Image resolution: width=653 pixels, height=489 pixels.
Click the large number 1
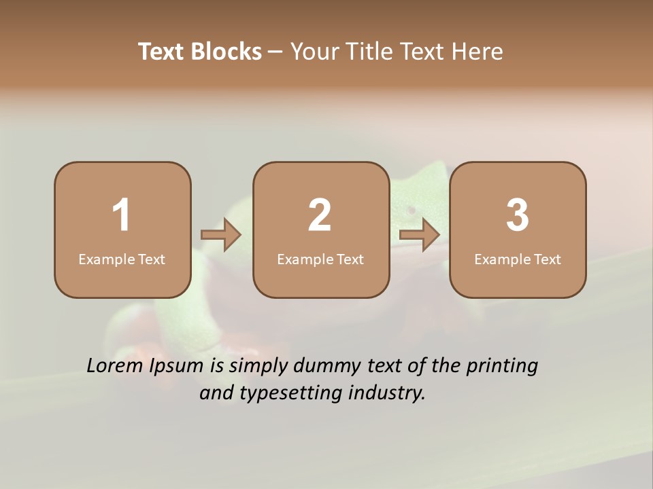pyautogui.click(x=122, y=215)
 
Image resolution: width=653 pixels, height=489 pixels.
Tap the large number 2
pyautogui.click(x=320, y=215)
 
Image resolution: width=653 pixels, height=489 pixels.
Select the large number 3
pyautogui.click(x=518, y=215)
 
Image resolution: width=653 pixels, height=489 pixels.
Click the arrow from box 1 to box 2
pyautogui.click(x=221, y=236)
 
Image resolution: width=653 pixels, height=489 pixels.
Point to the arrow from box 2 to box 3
pyautogui.click(x=419, y=236)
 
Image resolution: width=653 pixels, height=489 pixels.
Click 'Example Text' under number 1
pyautogui.click(x=122, y=259)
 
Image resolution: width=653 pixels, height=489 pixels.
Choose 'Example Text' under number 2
pyautogui.click(x=320, y=259)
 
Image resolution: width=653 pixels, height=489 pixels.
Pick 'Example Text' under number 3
pyautogui.click(x=518, y=259)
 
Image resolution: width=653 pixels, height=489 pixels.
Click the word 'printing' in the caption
pyautogui.click(x=501, y=367)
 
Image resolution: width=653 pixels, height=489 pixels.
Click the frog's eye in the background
pyautogui.click(x=411, y=210)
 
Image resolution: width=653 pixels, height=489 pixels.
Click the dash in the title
pyautogui.click(x=275, y=52)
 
